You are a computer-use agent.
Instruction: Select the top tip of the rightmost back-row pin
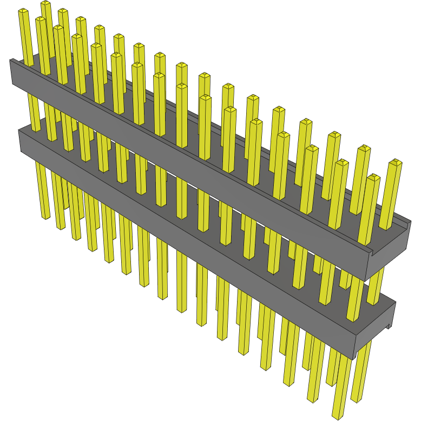396,161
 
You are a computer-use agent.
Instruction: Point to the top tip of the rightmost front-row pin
372,176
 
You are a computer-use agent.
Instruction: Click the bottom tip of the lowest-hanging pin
339,416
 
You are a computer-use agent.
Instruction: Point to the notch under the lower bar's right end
389,326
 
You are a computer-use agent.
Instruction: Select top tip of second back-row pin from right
364,148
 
